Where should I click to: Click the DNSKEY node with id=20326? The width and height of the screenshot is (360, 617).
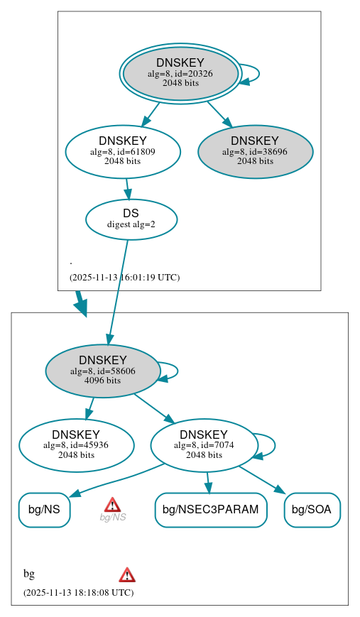180,73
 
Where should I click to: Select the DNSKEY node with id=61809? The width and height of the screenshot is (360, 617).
123,151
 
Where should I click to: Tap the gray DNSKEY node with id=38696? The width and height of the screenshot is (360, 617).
255,151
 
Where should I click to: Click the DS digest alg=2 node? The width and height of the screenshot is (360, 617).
131,219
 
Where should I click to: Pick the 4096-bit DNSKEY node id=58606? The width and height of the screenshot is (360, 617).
103,371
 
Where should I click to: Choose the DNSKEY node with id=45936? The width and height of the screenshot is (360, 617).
76,445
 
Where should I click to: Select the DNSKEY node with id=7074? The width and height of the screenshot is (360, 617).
203,445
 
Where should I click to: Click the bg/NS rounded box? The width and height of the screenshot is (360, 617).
44,510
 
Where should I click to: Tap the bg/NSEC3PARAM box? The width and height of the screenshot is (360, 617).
211,510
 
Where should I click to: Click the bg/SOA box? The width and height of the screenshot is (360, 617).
312,510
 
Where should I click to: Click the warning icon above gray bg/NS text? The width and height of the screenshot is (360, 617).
112,505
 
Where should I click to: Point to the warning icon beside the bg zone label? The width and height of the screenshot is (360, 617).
127,574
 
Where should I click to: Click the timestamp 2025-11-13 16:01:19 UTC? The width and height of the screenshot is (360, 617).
124,277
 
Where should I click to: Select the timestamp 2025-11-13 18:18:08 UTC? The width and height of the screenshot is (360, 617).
78,592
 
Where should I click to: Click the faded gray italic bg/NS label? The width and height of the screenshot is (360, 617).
113,518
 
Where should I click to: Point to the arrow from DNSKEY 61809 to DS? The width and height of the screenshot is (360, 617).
127,189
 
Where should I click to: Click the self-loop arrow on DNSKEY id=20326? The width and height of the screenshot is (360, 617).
258,74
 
